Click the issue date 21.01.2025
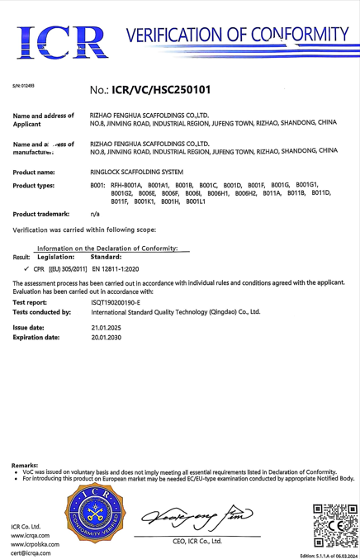point(106,327)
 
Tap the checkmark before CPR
point(27,269)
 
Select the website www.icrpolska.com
point(36,544)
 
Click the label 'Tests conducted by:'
point(42,312)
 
